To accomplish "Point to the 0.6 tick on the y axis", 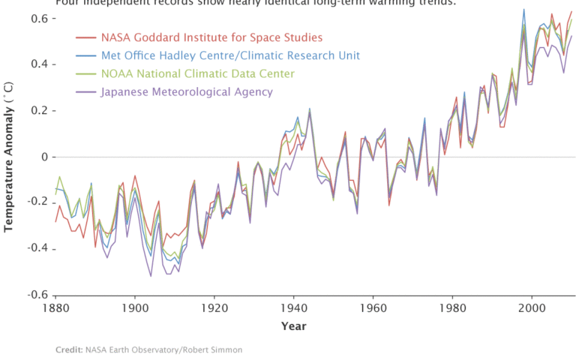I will coord(37,18).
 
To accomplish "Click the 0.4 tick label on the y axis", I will coord(37,64).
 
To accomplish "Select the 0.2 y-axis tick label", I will coord(37,110).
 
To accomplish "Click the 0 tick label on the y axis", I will coord(42,157).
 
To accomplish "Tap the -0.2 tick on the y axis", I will coord(34,202).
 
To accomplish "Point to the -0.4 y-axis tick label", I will coord(34,249).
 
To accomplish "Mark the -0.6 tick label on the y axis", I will coord(34,295).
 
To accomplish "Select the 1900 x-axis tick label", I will coord(135,307).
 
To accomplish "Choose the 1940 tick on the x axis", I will coord(294,307).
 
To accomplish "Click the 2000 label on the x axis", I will coord(532,307).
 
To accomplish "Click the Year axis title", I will coord(293,326).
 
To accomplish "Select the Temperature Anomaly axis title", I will coord(10,157).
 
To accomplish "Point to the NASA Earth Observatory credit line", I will coord(148,349).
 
